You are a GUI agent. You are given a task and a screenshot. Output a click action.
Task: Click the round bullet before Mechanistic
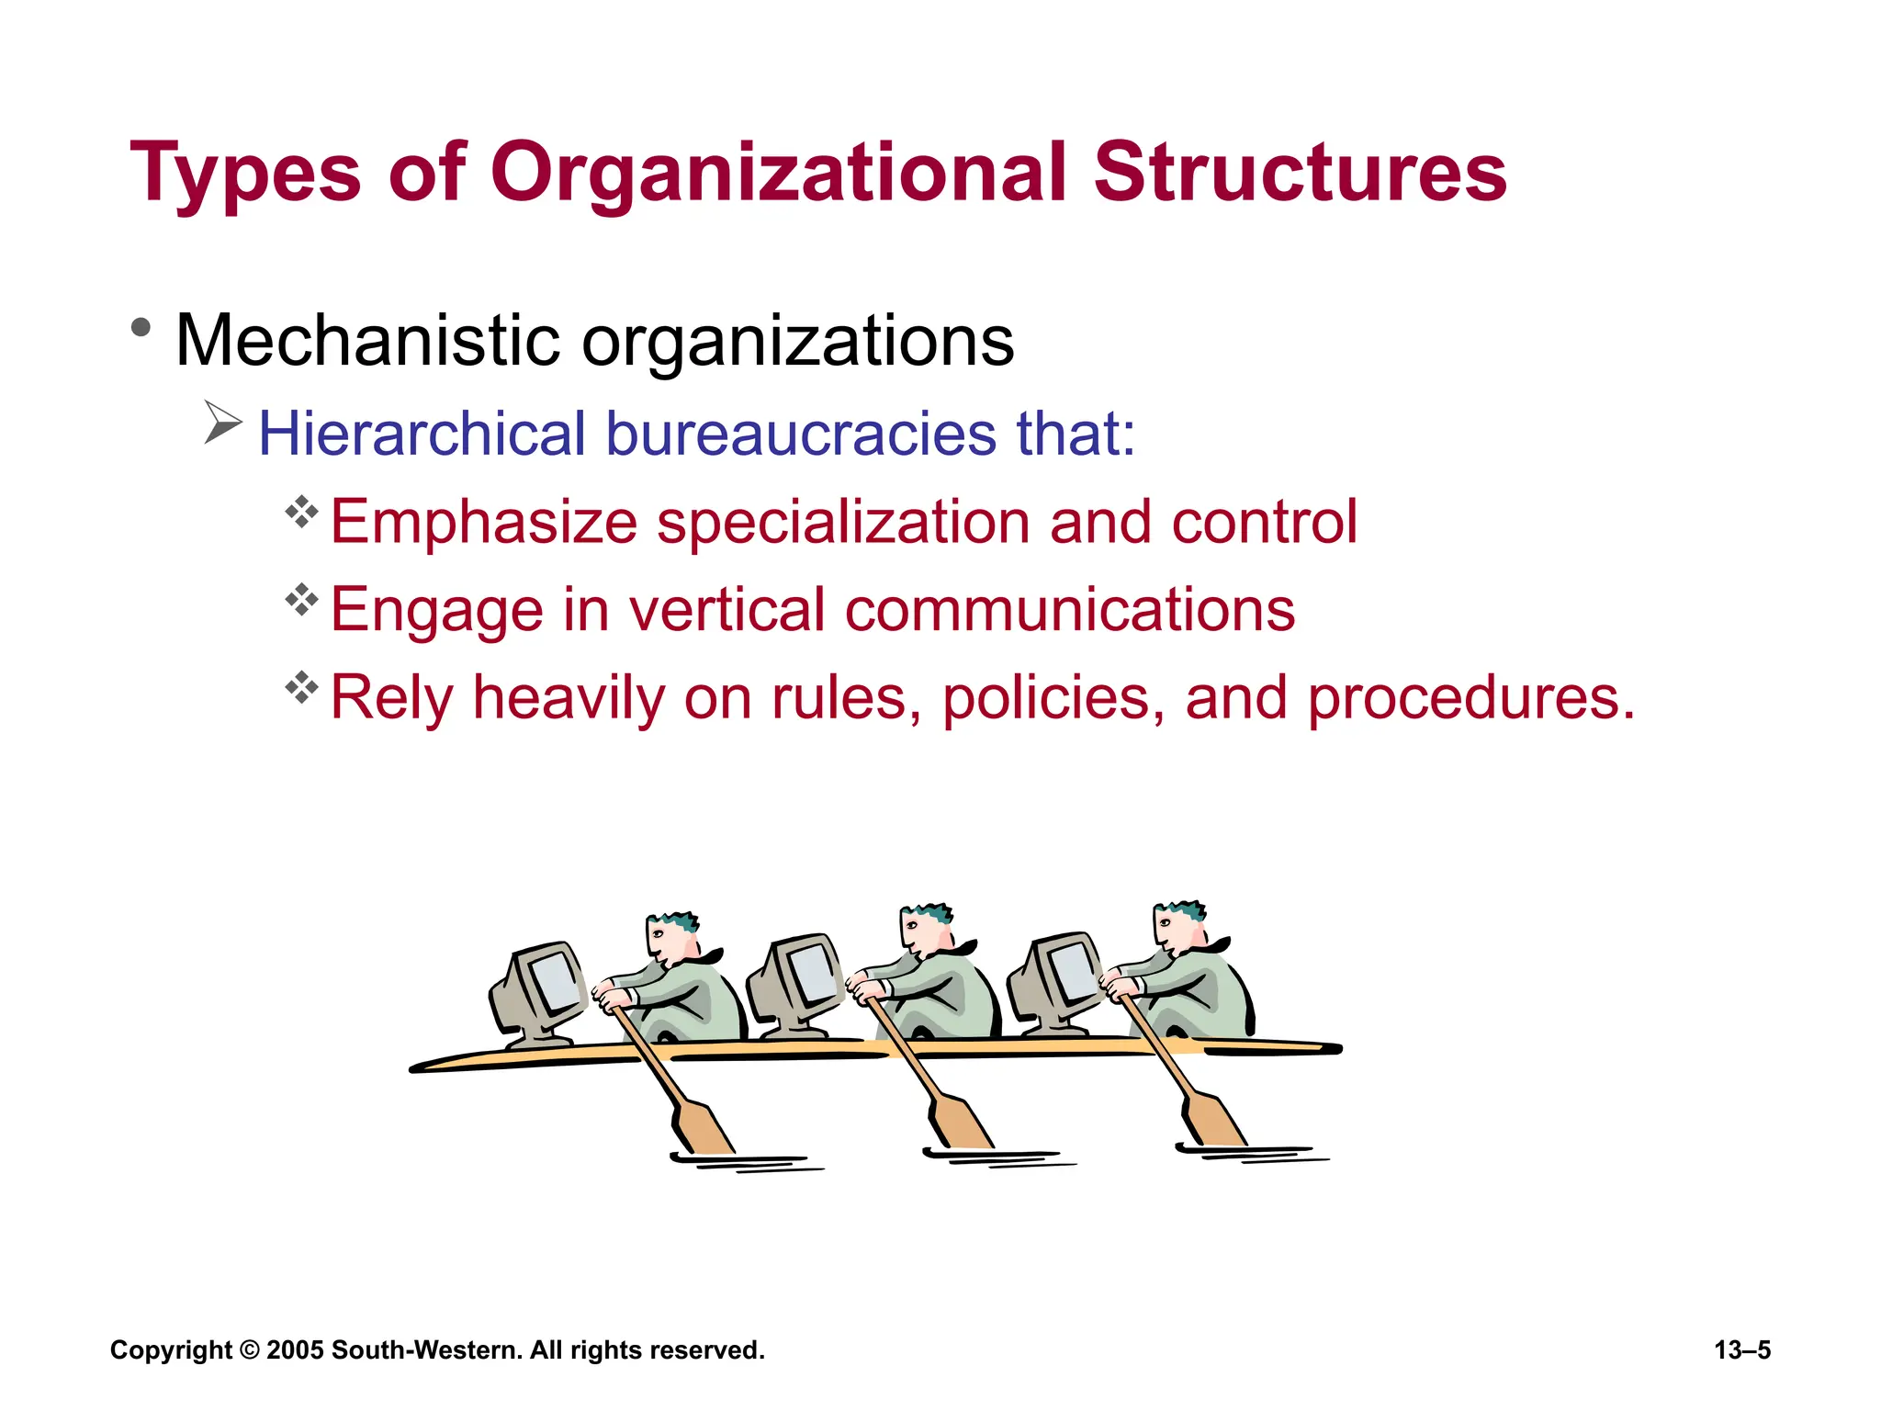pos(141,327)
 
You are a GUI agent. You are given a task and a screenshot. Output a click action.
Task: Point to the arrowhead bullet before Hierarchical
pos(222,423)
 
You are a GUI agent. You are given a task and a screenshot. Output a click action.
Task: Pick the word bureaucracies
pos(800,434)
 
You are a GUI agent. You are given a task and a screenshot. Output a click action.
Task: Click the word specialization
pos(843,522)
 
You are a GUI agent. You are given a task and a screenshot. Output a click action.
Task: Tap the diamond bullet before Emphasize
pos(301,512)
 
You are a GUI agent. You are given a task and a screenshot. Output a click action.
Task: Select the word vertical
pos(726,610)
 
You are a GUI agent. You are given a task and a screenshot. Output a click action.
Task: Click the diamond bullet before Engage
pos(301,600)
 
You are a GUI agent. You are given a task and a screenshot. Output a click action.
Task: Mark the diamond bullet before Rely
pos(301,687)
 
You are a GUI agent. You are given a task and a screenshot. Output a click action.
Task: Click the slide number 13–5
pos(1742,1350)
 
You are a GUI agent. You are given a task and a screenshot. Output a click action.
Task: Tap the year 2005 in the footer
pos(295,1350)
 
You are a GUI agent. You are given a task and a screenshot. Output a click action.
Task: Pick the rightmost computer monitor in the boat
pos(1056,981)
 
